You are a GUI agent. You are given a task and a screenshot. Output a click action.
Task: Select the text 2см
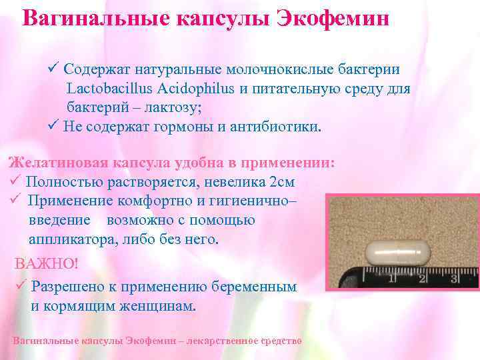[283, 182]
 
